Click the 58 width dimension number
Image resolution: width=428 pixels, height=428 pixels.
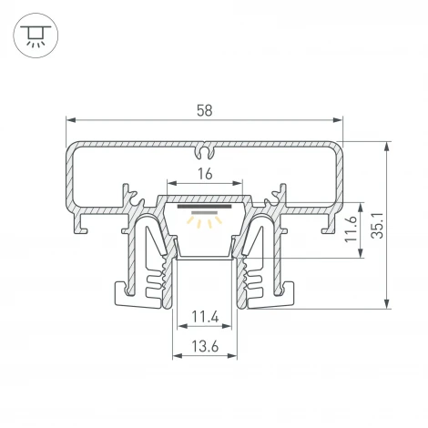(x=204, y=110)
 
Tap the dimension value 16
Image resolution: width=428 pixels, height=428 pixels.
(x=205, y=174)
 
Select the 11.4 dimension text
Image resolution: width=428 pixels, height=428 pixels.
(x=205, y=318)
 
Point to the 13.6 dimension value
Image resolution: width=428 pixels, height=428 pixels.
(x=205, y=346)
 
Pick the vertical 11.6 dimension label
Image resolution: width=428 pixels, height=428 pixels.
(x=351, y=229)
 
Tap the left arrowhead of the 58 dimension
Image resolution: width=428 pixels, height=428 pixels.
(x=71, y=120)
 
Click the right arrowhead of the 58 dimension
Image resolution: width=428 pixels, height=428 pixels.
(x=338, y=120)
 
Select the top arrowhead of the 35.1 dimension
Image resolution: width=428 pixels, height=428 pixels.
(x=387, y=147)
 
